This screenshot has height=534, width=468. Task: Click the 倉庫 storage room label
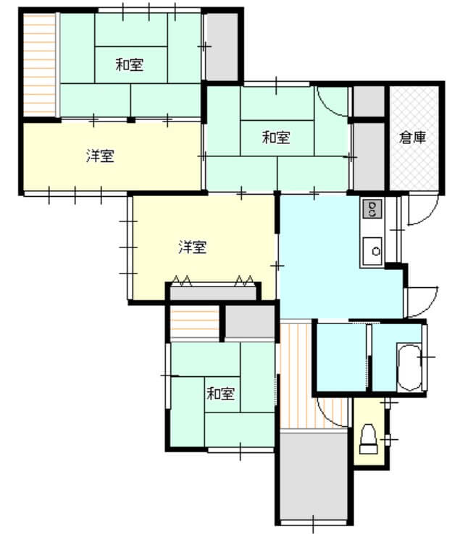(x=412, y=137)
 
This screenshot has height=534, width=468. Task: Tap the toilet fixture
(x=369, y=439)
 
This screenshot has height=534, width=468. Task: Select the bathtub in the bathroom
(x=409, y=368)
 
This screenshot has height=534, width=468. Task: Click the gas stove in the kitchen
(x=372, y=209)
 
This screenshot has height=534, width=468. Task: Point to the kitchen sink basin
(x=372, y=251)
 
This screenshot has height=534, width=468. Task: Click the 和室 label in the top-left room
(x=130, y=64)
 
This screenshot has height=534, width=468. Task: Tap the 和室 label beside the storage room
(x=276, y=137)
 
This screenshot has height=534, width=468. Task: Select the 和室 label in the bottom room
(x=221, y=394)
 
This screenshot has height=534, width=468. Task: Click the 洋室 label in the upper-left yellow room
(x=100, y=156)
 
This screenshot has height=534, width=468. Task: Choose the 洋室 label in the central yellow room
(x=193, y=247)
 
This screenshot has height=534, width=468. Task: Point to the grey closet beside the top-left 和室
(x=222, y=47)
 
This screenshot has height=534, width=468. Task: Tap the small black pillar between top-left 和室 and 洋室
(x=131, y=120)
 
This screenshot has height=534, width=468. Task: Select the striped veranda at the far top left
(x=40, y=64)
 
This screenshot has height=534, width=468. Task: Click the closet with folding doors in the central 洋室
(x=214, y=293)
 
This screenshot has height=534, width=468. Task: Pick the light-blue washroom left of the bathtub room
(x=342, y=357)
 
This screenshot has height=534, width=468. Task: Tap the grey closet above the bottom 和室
(x=250, y=322)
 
